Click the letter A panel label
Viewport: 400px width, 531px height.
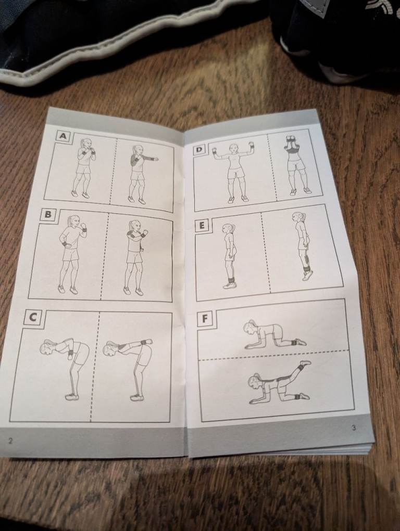click(x=63, y=136)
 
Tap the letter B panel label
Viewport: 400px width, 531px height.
click(x=48, y=214)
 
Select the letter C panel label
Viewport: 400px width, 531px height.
click(x=33, y=317)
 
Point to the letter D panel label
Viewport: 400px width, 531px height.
click(x=199, y=149)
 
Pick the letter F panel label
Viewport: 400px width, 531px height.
click(x=204, y=319)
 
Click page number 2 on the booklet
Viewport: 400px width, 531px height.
click(x=10, y=441)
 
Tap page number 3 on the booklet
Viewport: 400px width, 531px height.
click(x=354, y=428)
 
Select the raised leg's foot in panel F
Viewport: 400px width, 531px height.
click(x=305, y=363)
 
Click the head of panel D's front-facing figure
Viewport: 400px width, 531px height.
click(x=233, y=148)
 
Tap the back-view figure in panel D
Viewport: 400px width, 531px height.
click(x=296, y=165)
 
